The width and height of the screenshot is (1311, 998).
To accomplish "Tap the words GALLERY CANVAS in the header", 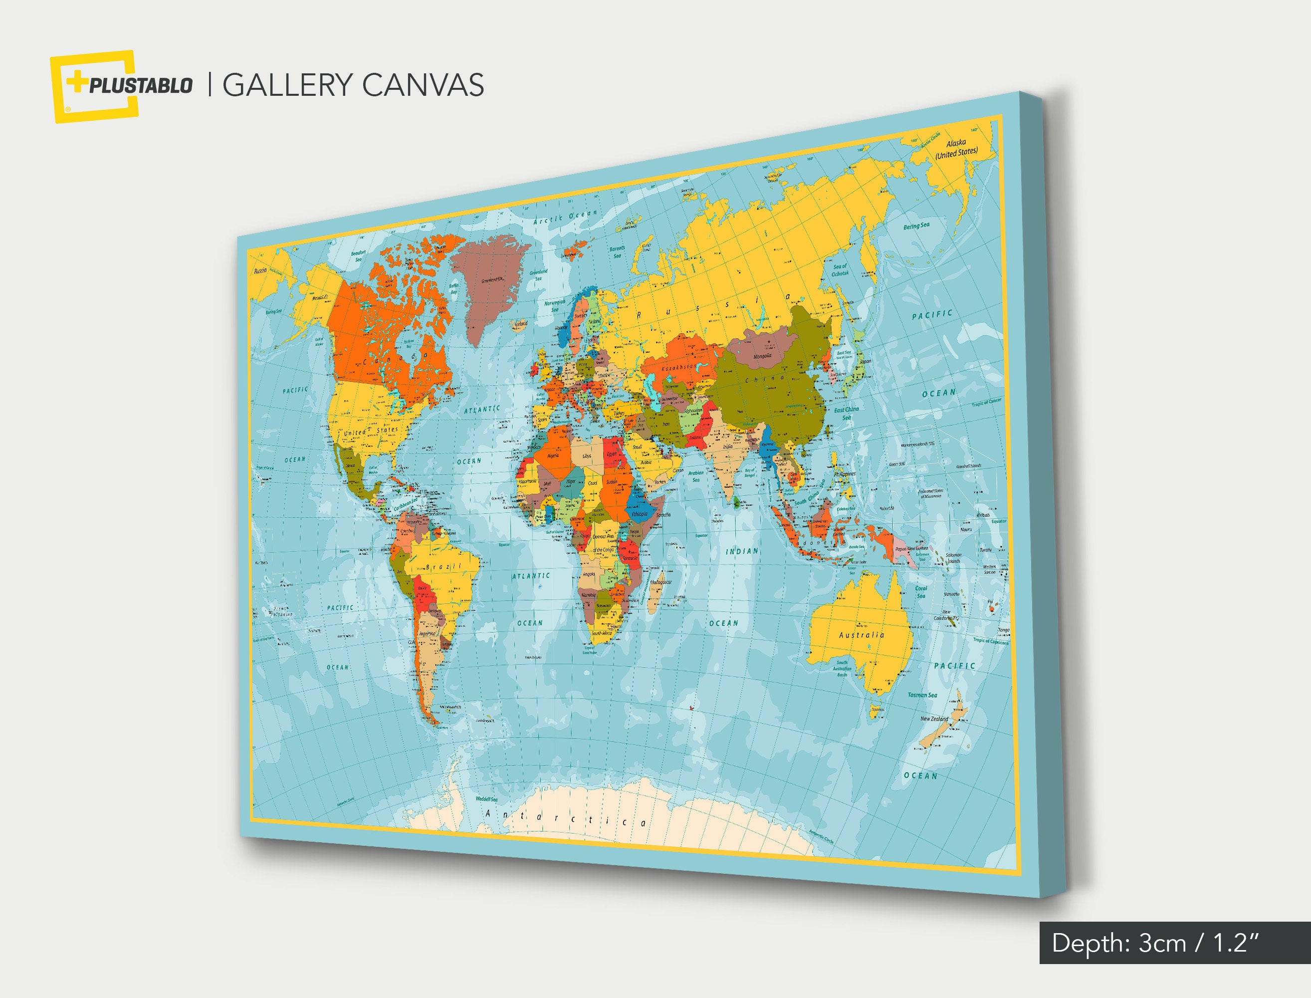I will coord(353,85).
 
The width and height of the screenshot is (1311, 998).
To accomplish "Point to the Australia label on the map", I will coord(862,635).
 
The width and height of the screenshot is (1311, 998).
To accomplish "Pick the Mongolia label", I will coord(763,356).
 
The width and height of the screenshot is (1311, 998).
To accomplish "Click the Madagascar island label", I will coord(660,582).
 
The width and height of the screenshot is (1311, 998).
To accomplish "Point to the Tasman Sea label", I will coord(922,695).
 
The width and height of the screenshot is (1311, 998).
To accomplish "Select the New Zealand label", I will coord(934,719).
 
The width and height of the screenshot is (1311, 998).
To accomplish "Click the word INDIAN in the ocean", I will coord(742,551).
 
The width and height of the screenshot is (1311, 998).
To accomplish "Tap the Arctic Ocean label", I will coord(565,217).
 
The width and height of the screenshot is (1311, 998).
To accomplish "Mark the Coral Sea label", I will coord(921,592).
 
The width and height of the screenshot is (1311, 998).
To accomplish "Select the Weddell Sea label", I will coord(486,799).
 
